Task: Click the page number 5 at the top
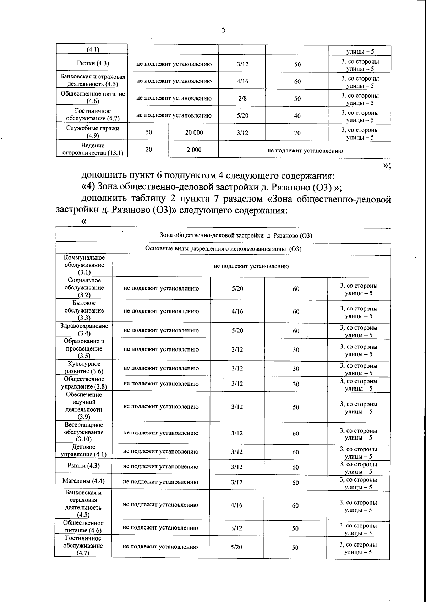click(x=224, y=30)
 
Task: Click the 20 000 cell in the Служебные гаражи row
click(x=194, y=132)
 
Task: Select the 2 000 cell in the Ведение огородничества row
click(x=194, y=150)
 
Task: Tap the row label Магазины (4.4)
click(x=83, y=481)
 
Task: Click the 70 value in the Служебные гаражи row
click(x=297, y=133)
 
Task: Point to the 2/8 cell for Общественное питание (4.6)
click(x=242, y=98)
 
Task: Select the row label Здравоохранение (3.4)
click(x=84, y=330)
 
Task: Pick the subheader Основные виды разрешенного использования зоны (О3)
click(x=223, y=249)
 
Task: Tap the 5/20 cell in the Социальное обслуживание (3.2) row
click(x=237, y=289)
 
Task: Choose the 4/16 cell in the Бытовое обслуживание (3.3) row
click(x=237, y=311)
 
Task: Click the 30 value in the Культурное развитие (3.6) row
click(x=296, y=369)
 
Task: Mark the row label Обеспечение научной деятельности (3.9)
click(x=84, y=406)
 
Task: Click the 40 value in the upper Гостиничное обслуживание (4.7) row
click(x=297, y=116)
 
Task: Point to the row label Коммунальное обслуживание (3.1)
click(x=84, y=265)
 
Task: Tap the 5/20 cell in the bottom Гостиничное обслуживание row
click(x=236, y=547)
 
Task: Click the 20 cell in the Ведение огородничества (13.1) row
click(x=148, y=150)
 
